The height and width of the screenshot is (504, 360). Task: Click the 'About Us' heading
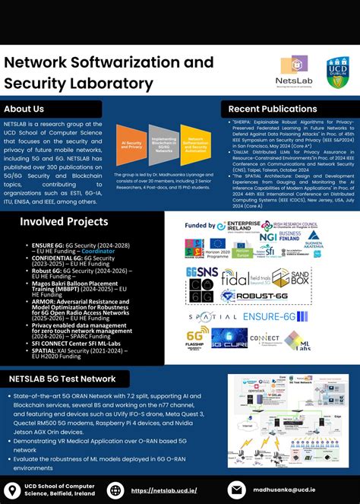(30, 109)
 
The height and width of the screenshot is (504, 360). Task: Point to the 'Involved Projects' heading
(64, 221)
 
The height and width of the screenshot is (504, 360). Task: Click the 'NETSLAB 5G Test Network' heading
(62, 379)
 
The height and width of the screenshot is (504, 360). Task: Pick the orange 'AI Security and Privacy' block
(130, 145)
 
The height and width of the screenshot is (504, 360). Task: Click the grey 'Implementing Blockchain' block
(163, 145)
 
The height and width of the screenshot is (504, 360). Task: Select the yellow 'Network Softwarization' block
(195, 145)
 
